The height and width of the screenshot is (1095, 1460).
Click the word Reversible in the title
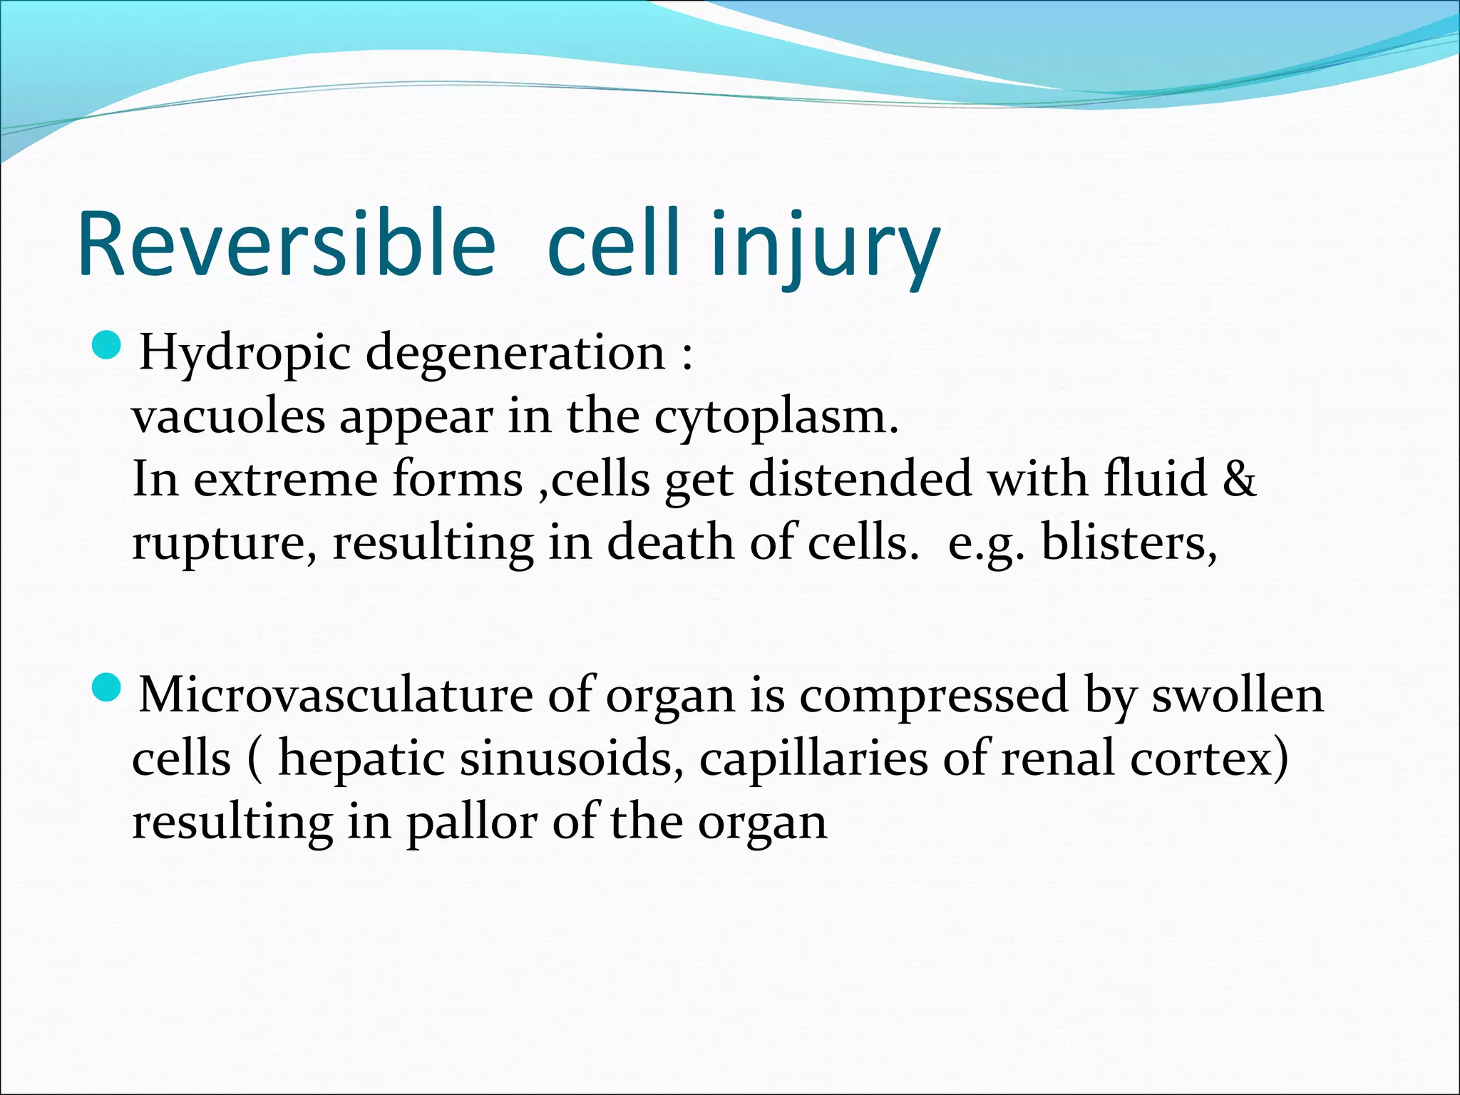tap(286, 244)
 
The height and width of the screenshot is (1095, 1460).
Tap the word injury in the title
tap(825, 244)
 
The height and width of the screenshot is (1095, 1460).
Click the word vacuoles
tap(228, 416)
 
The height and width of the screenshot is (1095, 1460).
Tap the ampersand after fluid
tap(1239, 479)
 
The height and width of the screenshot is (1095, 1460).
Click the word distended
tap(860, 479)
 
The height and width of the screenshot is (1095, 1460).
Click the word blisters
tap(1129, 543)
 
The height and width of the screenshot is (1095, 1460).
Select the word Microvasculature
tap(336, 694)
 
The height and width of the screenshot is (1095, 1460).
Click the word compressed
tap(933, 696)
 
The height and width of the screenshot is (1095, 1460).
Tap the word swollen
tap(1238, 694)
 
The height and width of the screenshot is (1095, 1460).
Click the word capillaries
tap(813, 760)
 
